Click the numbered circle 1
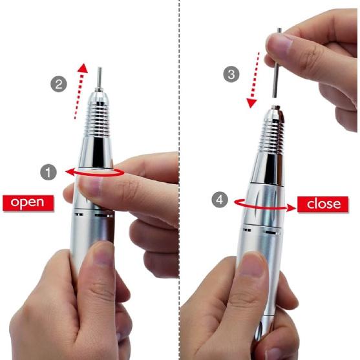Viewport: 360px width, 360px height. click(x=47, y=172)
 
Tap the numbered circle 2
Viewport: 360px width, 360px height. click(x=59, y=84)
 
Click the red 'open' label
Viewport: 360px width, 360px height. click(x=27, y=202)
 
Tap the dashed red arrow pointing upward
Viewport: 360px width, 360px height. click(x=78, y=91)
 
